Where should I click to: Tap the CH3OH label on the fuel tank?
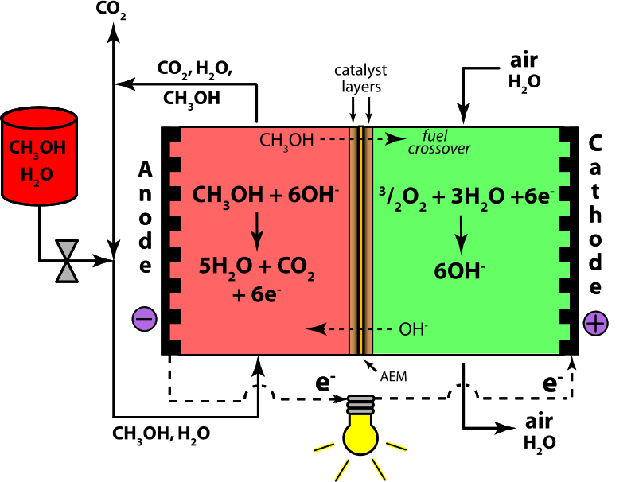point(37,149)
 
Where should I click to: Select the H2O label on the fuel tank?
point(37,175)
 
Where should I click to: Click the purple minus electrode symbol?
point(144,319)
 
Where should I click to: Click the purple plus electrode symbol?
point(595,323)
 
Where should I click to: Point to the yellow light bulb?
point(360,437)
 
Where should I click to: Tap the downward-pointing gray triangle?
point(67,249)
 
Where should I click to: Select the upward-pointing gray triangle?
point(67,273)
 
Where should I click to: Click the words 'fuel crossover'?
point(438,142)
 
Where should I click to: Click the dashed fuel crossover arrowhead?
point(395,139)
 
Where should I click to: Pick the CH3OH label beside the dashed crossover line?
point(286,141)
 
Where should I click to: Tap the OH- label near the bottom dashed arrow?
point(413,329)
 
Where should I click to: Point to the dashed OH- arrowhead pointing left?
point(317,328)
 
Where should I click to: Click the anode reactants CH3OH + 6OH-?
point(266,196)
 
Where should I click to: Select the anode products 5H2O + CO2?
point(256,267)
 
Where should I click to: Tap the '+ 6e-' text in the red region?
point(256,294)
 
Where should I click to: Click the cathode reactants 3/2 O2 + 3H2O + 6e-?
point(466,196)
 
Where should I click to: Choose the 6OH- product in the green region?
point(459,271)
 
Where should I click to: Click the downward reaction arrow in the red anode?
point(256,231)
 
